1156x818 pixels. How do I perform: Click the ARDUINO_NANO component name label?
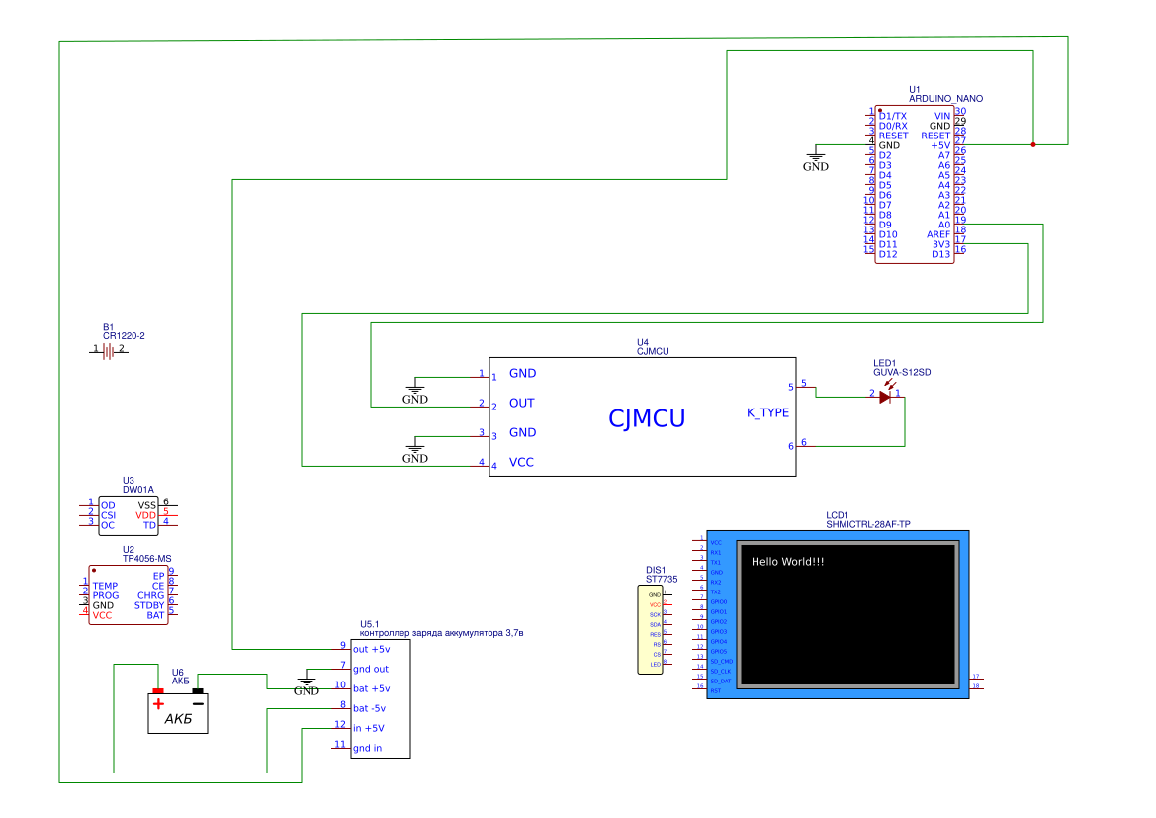click(945, 99)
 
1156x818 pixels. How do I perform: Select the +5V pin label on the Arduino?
click(940, 145)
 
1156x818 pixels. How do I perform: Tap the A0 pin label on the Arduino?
click(943, 225)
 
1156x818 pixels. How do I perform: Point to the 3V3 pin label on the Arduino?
click(939, 244)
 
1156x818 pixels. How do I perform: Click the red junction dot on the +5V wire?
click(1033, 145)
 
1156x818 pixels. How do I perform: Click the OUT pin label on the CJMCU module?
click(521, 404)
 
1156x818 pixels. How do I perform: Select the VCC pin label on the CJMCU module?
click(521, 463)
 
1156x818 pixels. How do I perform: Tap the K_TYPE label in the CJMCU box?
click(767, 412)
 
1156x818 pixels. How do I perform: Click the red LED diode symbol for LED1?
click(885, 397)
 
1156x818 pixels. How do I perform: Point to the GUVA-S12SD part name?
click(902, 372)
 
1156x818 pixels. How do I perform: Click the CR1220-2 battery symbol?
click(108, 350)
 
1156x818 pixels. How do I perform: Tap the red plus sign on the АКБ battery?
click(157, 703)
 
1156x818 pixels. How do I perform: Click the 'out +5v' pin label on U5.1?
click(372, 650)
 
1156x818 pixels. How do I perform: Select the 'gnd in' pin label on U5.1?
click(368, 748)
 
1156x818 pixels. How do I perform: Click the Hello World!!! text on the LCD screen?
click(787, 562)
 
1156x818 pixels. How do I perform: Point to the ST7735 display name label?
click(662, 579)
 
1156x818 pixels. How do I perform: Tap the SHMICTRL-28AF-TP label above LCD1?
click(867, 524)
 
